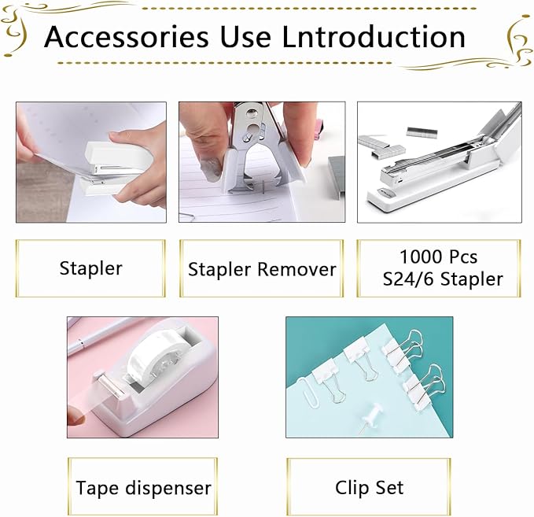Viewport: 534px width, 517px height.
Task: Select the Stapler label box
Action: pos(90,268)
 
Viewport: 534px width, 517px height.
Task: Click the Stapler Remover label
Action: pos(262,269)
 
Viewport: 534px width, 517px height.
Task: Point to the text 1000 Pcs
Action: pos(438,257)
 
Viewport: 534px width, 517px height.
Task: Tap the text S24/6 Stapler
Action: pos(440,279)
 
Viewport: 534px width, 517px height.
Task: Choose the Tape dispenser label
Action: pos(143,488)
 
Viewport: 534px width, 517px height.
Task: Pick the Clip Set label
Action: pos(369,488)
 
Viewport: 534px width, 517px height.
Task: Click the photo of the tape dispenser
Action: pos(142,377)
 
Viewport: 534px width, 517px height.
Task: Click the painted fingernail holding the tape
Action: pos(77,417)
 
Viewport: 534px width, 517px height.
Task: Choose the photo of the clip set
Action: pos(369,377)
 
